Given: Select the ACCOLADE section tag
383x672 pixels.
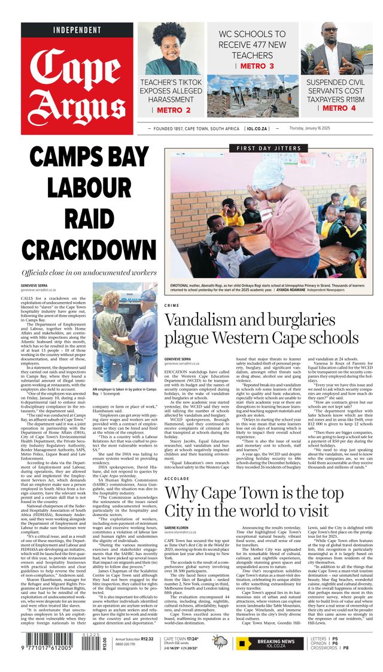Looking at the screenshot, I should [177, 479].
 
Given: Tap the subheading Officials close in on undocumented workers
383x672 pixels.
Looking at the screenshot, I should [89, 272].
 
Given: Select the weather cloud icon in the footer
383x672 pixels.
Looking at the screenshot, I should [220, 643].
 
